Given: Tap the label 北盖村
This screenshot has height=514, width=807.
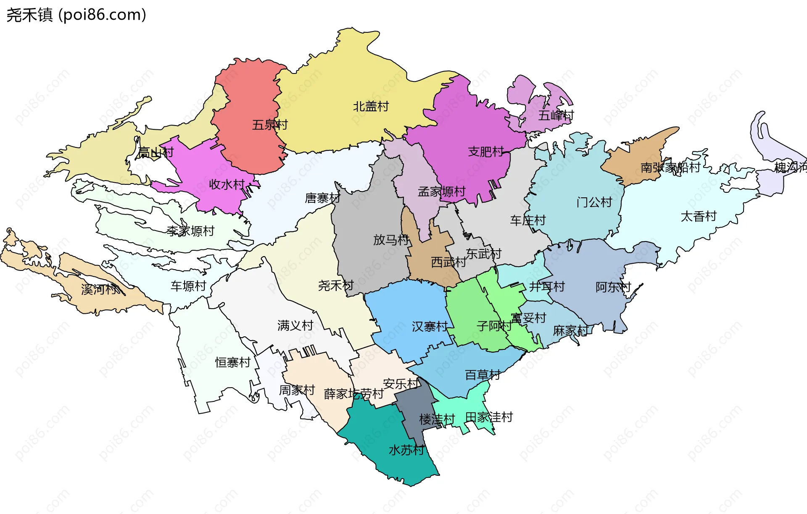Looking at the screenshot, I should click(x=371, y=107).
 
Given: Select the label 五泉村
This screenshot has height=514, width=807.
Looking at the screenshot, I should click(x=270, y=125).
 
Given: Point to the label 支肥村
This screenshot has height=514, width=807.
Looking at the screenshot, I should click(x=486, y=152).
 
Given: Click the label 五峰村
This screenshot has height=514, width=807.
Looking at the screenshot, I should click(x=556, y=115).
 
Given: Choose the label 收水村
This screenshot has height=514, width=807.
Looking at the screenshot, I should click(x=227, y=184).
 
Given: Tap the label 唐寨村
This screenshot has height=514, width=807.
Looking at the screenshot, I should click(x=322, y=198).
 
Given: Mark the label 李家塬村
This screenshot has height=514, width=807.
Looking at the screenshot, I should click(x=190, y=231).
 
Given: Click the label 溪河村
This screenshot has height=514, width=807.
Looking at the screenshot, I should click(x=99, y=289).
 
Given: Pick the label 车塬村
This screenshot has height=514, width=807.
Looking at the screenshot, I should click(x=188, y=286).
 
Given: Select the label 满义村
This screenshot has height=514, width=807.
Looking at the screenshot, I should click(x=295, y=325).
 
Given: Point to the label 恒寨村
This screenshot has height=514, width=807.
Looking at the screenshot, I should click(x=233, y=362).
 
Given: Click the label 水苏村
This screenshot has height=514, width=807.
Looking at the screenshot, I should click(x=406, y=450).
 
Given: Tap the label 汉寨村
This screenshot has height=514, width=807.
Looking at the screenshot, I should click(x=430, y=327).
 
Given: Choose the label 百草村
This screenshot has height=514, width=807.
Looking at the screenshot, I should click(x=483, y=375).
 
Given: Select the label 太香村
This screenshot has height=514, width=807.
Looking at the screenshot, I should click(x=699, y=217).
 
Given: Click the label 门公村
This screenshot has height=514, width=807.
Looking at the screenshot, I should click(x=594, y=202).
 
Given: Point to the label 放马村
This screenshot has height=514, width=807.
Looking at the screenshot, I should click(x=391, y=240).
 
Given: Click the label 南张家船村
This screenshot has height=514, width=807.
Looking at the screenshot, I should click(x=670, y=168).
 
